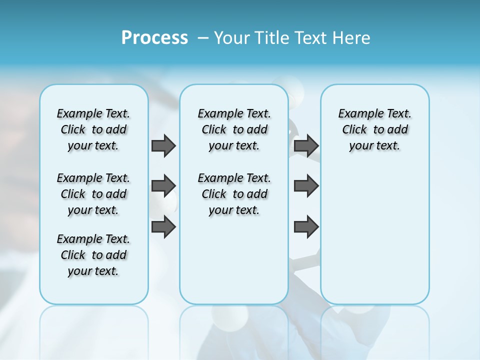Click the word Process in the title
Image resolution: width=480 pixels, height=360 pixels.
154,38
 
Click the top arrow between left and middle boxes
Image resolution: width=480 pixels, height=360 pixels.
163,146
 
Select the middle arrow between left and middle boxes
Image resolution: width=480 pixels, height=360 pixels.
163,186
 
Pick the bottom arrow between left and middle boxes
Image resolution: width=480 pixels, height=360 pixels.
163,226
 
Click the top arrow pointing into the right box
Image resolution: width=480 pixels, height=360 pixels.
306,146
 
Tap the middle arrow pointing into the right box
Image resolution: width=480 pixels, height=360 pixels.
306,186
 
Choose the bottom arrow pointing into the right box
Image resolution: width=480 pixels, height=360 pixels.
306,226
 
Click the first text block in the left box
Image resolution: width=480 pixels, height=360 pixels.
93,129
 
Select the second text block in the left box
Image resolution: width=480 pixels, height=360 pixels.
93,194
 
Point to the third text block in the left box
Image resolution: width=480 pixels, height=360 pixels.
93,255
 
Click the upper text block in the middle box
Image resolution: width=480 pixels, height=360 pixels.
234,129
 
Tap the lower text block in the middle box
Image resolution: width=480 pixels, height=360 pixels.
234,194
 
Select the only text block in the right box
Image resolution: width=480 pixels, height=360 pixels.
374,129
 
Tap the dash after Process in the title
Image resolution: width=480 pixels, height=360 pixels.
202,38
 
